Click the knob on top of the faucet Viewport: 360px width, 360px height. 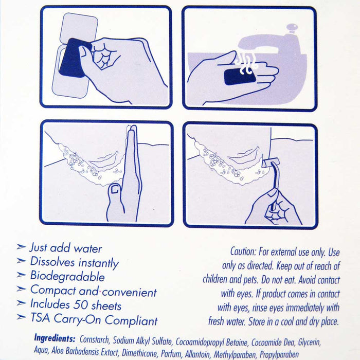292,28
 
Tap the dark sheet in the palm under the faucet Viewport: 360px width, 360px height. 240,77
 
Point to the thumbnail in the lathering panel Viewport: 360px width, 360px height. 115,189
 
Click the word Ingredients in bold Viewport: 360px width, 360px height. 55,338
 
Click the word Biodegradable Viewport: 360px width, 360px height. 67,277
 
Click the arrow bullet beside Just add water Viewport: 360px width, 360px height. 21,246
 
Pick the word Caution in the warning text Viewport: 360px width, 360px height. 243,251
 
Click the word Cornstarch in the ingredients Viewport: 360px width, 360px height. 95,339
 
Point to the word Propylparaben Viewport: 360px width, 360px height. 279,355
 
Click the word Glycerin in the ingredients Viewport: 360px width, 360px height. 309,342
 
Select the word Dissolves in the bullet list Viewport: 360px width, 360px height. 52,262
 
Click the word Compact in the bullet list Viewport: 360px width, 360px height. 53,291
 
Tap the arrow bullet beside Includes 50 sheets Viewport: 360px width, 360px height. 21,303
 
